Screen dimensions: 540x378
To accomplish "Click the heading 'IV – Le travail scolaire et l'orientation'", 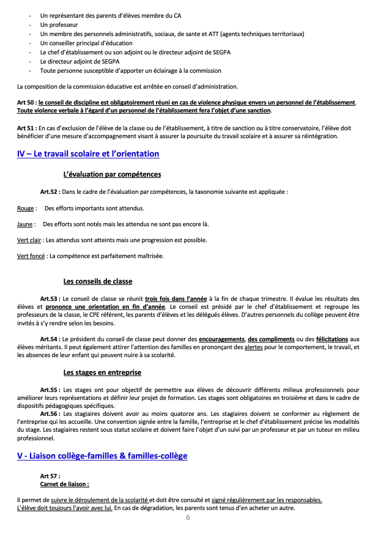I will click(88, 154).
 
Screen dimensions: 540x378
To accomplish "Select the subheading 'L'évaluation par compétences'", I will click(112, 174).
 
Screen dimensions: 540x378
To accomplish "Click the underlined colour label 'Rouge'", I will click(26, 209).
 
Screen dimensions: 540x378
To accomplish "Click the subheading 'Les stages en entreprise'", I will click(102, 372).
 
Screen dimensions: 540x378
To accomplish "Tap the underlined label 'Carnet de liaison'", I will click(64, 484).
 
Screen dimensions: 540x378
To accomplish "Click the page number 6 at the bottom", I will click(188, 517).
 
